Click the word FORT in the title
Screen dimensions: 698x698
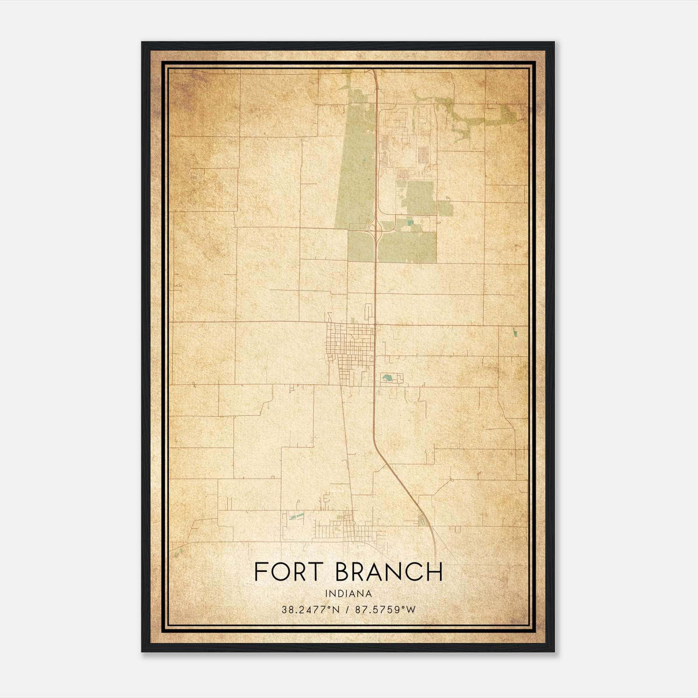pos(288,572)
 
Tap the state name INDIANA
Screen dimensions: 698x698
pos(348,594)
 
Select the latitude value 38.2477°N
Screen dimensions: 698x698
pos(310,609)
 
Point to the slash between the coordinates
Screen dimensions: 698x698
pos(348,609)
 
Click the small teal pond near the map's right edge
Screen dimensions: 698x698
pos(515,332)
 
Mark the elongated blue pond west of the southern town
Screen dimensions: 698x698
pos(297,517)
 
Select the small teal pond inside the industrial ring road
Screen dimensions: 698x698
pos(409,223)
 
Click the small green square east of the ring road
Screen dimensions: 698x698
pos(445,209)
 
